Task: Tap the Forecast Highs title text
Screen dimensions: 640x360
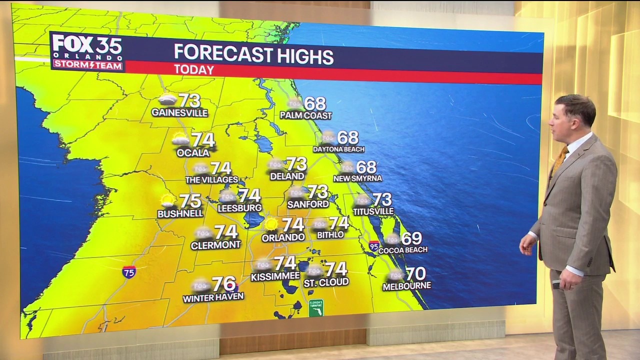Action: point(253,54)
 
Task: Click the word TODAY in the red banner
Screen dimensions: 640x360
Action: point(194,70)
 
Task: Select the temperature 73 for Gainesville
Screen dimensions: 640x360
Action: point(189,100)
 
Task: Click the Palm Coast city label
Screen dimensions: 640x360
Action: point(305,115)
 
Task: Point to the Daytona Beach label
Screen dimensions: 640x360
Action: point(338,149)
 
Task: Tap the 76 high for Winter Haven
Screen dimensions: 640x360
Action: point(223,284)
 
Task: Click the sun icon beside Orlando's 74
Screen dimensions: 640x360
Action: point(271,223)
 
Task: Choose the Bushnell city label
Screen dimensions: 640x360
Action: point(180,213)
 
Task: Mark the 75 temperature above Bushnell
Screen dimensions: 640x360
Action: point(190,201)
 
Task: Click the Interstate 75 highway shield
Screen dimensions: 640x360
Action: point(129,272)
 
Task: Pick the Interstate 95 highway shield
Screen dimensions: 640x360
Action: point(374,245)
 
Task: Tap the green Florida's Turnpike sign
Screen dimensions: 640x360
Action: point(316,307)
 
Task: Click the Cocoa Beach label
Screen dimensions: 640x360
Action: point(403,249)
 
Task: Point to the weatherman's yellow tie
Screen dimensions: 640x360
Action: point(560,158)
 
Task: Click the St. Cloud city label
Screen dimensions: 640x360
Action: point(326,282)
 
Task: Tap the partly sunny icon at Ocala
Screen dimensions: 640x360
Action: point(180,139)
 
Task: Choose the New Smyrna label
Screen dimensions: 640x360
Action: point(357,178)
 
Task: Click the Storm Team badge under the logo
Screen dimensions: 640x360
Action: point(88,64)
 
